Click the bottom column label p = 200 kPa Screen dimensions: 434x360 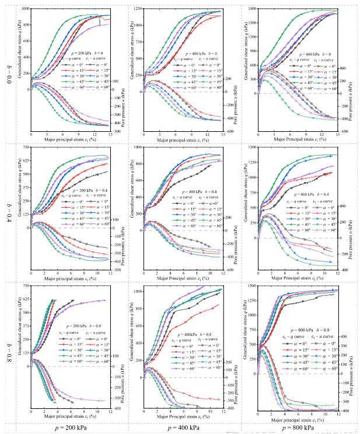(x=72, y=428)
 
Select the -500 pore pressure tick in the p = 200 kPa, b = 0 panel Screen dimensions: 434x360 (x=116, y=132)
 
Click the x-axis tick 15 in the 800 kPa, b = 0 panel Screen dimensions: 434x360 (x=338, y=136)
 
